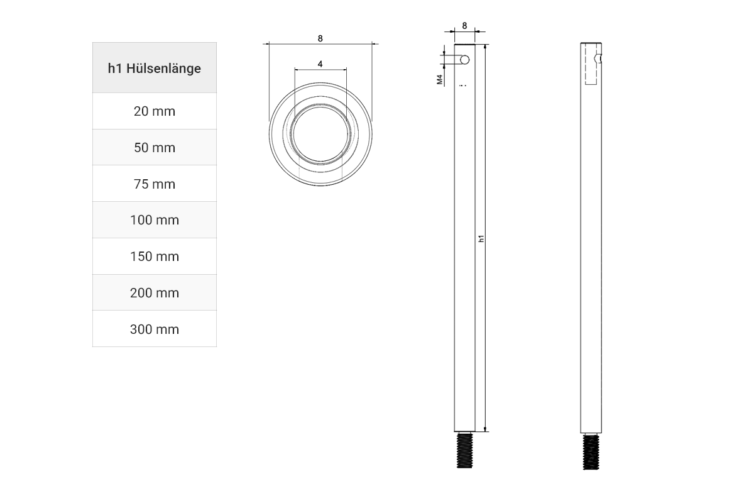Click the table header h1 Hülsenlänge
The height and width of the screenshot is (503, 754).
[x=155, y=68]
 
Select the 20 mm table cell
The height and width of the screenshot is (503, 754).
[x=155, y=111]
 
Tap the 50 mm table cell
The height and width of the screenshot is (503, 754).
[x=155, y=148]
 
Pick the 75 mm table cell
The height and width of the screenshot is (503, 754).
[x=155, y=184]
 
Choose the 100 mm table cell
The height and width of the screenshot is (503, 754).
[x=155, y=220]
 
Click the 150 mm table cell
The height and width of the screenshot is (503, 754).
[x=155, y=257]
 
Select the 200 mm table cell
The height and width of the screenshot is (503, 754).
[x=155, y=293]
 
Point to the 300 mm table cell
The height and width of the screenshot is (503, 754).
[x=155, y=329]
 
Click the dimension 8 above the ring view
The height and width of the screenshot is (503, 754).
[x=320, y=38]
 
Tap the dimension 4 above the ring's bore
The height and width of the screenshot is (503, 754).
[x=320, y=64]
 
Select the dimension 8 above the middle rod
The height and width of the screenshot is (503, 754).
[x=464, y=26]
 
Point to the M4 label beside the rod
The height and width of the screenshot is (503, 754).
[x=440, y=80]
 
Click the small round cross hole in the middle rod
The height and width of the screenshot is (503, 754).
[x=464, y=60]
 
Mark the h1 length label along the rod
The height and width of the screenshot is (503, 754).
[x=481, y=238]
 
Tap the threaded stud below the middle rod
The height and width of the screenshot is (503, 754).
[x=464, y=450]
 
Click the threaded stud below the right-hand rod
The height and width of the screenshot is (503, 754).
[x=591, y=451]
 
